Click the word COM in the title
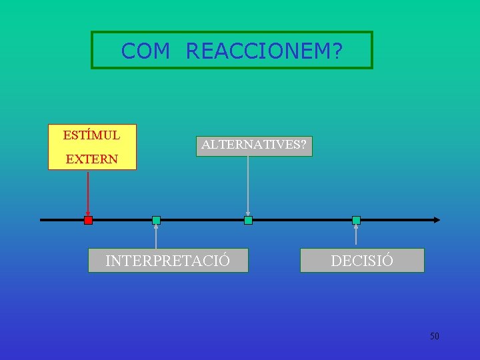click(x=145, y=51)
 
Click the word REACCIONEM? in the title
click(x=264, y=51)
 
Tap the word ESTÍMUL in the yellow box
click(x=91, y=135)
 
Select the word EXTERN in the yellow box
click(x=91, y=159)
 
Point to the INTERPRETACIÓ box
click(x=168, y=261)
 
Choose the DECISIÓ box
click(x=362, y=261)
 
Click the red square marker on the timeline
click(x=88, y=220)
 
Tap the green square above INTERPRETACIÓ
click(x=156, y=220)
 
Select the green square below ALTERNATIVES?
click(x=248, y=220)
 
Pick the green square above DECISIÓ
click(x=356, y=220)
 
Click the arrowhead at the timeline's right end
click(x=437, y=219)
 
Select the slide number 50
click(x=435, y=336)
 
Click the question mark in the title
click(x=337, y=51)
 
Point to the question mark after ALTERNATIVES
click(x=303, y=145)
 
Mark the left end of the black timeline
click(x=42, y=219)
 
